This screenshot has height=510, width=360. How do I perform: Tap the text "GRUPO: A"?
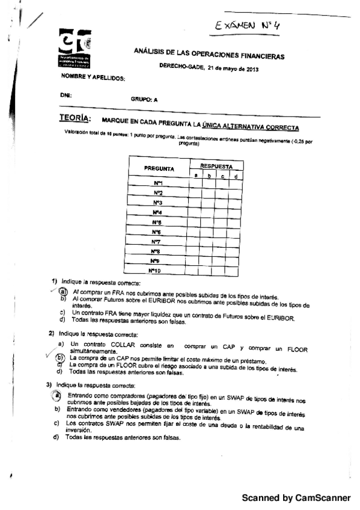tap(144, 100)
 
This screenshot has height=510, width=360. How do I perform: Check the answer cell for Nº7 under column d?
tap(236, 242)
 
